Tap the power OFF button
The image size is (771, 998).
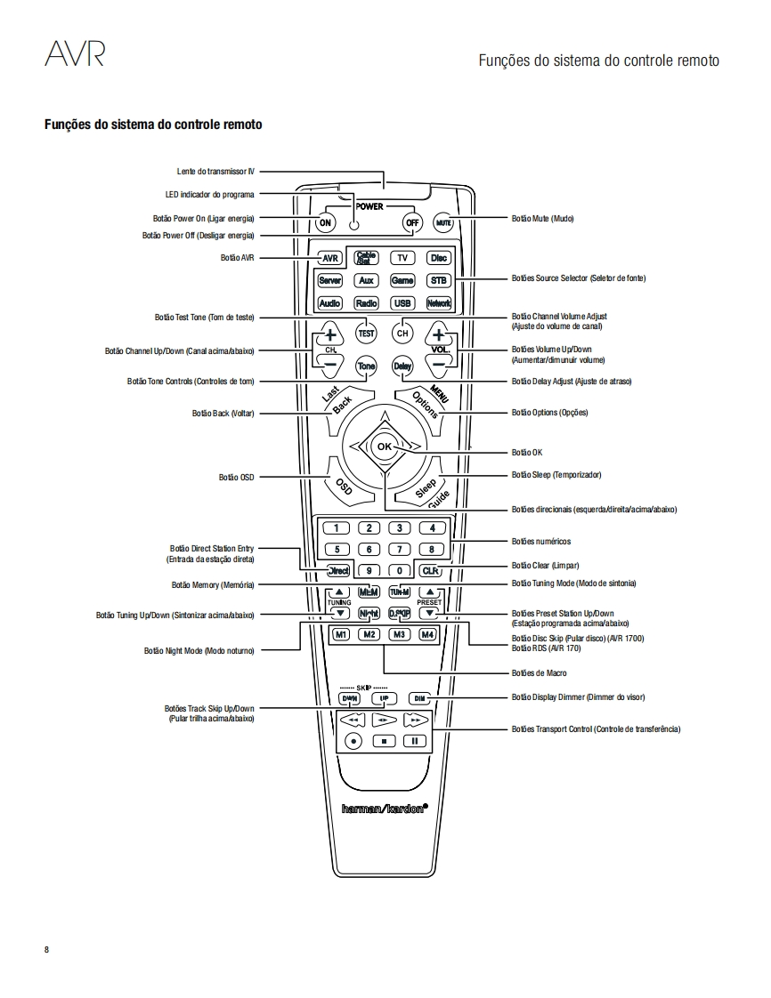(411, 222)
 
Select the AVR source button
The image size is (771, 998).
(330, 258)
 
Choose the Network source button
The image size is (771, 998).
(439, 303)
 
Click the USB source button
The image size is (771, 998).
(402, 303)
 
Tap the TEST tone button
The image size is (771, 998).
(366, 334)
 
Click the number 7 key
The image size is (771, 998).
(401, 550)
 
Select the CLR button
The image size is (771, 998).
(431, 571)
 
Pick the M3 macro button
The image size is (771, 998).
(400, 635)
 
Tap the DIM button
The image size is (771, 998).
(420, 698)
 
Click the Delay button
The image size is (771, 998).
(402, 366)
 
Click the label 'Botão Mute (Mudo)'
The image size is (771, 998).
(542, 219)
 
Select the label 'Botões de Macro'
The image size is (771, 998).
(539, 673)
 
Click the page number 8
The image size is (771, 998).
(47, 949)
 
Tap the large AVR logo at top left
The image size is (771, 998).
(75, 54)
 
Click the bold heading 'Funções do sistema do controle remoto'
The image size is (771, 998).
(153, 125)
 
